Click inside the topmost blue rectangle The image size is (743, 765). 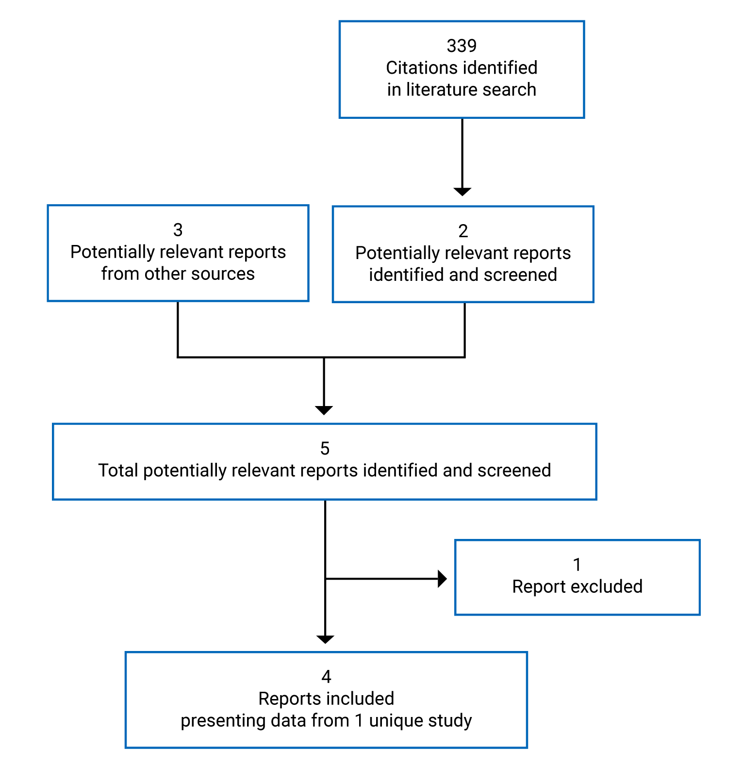point(462,69)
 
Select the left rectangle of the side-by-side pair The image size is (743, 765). point(178,253)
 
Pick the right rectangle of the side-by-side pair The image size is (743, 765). point(463,254)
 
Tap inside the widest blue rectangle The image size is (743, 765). point(325,461)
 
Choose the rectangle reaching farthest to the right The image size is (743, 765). point(578,577)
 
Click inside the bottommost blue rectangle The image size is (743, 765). point(326,700)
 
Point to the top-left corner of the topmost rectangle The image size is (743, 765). point(340,21)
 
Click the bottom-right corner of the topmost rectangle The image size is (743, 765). point(584,117)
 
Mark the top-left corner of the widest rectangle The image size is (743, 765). point(53,424)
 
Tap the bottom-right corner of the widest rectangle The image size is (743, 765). point(596,499)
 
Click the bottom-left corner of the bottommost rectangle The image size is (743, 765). point(126,748)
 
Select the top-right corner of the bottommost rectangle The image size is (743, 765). point(527,652)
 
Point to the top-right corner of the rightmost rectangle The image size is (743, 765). point(699,540)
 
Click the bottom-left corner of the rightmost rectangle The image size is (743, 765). point(455,615)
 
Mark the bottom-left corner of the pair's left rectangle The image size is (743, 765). point(48,301)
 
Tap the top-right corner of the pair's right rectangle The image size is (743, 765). point(593,207)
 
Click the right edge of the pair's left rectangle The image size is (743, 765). point(308,253)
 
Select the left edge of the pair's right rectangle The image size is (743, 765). point(333,254)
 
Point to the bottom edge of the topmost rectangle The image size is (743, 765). point(462,117)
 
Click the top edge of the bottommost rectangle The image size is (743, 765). point(326,652)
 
